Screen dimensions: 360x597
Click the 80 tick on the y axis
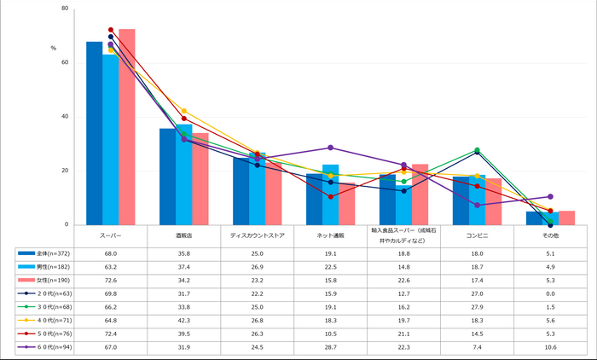pos(65,9)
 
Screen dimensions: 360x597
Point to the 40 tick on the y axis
pos(65,117)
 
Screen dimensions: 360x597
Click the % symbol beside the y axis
pos(53,49)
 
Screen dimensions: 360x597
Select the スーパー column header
pos(110,234)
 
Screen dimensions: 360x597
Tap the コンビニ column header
pos(477,234)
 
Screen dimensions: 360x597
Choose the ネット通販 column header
pos(330,234)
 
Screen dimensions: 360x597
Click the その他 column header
pos(550,234)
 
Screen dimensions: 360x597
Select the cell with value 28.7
pos(330,347)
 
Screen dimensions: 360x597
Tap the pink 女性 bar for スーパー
pos(127,128)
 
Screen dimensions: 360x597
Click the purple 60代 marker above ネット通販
pos(331,148)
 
